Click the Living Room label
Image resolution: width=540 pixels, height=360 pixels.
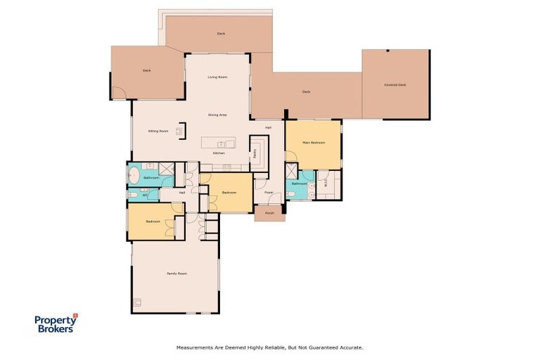(217, 77)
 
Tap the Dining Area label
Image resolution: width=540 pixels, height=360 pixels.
(217, 114)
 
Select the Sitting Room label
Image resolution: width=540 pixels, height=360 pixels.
(157, 131)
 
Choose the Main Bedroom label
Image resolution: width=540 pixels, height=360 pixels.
(314, 143)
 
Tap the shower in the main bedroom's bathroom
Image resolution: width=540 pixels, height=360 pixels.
(292, 170)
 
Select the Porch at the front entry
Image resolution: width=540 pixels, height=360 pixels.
(269, 213)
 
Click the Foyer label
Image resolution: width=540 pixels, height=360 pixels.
(269, 192)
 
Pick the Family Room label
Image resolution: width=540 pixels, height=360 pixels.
(176, 273)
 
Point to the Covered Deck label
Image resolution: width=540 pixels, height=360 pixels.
(395, 85)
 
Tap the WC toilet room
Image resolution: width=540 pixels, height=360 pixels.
(145, 195)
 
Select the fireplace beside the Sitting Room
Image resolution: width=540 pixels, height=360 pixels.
(180, 131)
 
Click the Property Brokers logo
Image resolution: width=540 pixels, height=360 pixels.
(56, 323)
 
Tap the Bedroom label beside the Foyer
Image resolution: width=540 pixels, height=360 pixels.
(229, 192)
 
